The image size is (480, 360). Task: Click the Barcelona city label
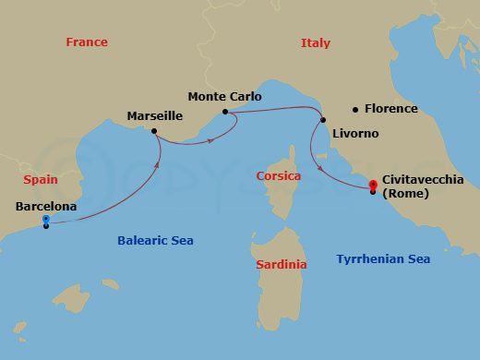45,207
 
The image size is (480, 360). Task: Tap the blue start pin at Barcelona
45,220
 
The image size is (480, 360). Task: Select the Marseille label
154,116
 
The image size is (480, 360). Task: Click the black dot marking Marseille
154,131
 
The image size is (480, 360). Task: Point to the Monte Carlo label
224,96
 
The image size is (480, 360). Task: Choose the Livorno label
354,134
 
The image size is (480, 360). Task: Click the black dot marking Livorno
323,120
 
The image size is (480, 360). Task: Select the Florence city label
390,109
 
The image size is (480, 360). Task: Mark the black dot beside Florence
355,109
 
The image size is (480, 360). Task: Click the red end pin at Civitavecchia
372,184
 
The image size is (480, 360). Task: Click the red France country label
87,42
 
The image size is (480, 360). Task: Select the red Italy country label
315,42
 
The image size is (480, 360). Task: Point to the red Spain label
41,180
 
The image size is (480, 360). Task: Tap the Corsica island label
278,174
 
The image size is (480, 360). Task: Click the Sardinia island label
281,265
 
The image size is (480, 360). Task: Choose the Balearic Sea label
155,241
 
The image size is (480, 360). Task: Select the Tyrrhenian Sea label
383,259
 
